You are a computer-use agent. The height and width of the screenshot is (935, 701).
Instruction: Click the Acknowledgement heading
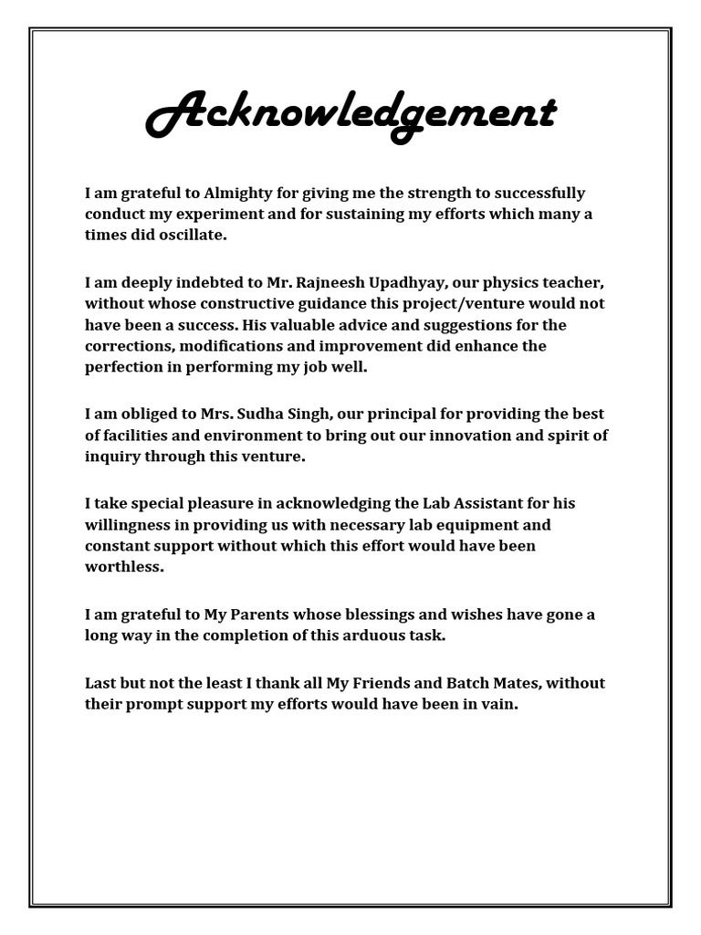point(350,115)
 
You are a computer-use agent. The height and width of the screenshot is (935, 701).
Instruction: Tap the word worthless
point(124,567)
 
